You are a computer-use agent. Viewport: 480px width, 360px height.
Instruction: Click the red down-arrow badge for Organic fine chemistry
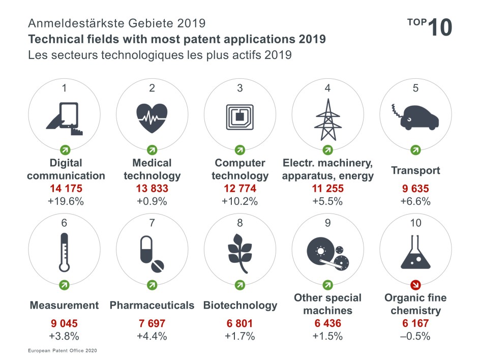[x=415, y=284]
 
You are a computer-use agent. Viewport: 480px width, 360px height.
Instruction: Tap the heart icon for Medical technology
[x=152, y=118]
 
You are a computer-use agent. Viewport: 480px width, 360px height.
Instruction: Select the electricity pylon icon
[x=327, y=119]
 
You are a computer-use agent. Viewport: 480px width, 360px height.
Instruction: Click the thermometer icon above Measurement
[x=64, y=252]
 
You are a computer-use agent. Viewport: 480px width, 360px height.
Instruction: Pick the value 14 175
[x=66, y=189]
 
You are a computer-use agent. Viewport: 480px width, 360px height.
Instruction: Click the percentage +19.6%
[x=66, y=201]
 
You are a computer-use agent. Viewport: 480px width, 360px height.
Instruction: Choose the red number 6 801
[x=239, y=323]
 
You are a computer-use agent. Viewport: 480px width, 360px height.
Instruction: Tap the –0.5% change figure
[x=415, y=336]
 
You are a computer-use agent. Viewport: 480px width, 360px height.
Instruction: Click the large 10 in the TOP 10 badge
[x=440, y=27]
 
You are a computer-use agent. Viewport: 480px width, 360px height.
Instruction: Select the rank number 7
[x=152, y=223]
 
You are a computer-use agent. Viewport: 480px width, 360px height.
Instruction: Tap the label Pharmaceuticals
[x=152, y=306]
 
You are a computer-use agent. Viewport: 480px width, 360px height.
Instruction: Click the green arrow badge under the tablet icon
[x=65, y=149]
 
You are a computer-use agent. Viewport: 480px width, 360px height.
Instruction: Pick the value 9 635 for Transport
[x=415, y=189]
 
